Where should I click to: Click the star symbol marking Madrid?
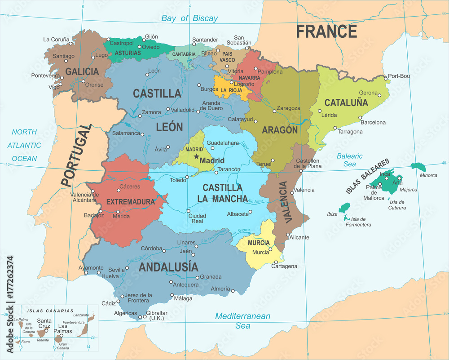point(196,157)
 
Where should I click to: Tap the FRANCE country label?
point(326,31)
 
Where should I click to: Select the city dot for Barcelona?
point(360,118)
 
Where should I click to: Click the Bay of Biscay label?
point(189,18)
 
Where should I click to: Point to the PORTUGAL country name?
point(75,156)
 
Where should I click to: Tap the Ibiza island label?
point(332,214)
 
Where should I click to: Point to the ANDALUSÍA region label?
point(168,267)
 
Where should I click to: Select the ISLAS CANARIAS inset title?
point(50,311)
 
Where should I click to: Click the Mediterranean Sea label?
point(243,320)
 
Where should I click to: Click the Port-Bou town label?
point(399,76)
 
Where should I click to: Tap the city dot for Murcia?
point(270,249)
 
